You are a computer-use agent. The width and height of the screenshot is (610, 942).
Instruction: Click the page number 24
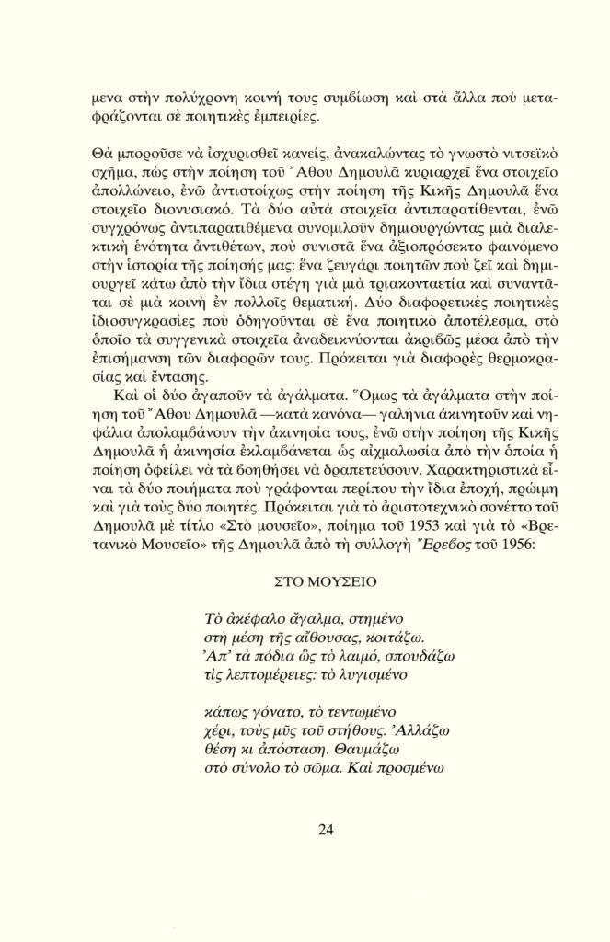[326, 829]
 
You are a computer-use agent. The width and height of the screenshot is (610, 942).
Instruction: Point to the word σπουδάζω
[396, 655]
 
